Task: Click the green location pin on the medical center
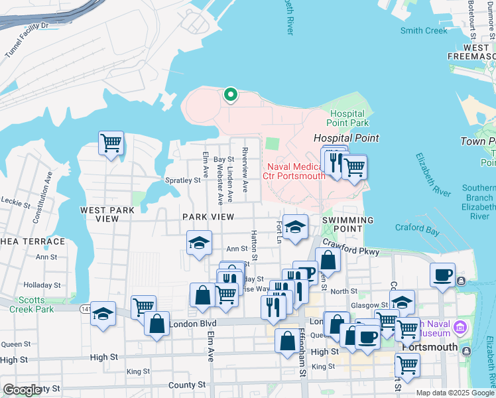pos(230,95)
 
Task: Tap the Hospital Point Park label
pos(349,118)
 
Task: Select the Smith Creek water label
pos(424,31)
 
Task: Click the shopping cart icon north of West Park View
pos(111,142)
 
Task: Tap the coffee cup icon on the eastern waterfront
pos(442,274)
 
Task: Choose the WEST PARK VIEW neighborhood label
pos(107,214)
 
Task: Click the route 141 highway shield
pos(86,308)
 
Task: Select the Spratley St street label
pos(182,180)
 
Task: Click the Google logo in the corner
pos(22,391)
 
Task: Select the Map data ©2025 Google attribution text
pos(455,393)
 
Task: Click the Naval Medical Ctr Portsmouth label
pos(294,170)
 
